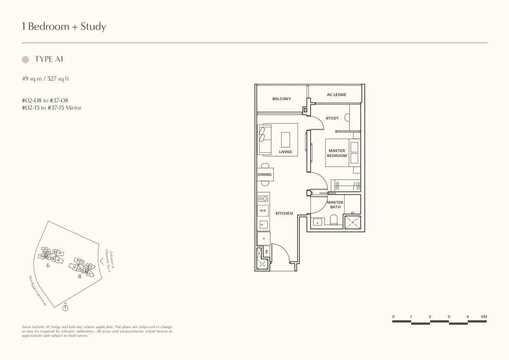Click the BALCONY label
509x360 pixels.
(281, 99)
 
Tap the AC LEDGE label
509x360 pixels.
(336, 95)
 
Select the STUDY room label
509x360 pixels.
(332, 118)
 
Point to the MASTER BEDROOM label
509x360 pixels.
(336, 153)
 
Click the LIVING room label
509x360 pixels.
(285, 152)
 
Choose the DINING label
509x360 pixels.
(265, 175)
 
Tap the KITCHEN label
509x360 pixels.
(284, 213)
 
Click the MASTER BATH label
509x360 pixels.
(335, 205)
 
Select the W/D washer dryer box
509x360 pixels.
(263, 211)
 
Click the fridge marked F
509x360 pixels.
(264, 239)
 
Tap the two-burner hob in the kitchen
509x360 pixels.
(263, 198)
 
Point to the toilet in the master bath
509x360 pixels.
(334, 220)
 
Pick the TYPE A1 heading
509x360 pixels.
(49, 59)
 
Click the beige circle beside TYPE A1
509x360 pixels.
(26, 60)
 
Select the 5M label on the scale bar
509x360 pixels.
(484, 317)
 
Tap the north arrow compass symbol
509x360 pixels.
(65, 307)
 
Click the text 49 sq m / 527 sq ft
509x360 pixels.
(45, 79)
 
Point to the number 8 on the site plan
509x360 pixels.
(80, 276)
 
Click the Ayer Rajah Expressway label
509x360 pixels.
(38, 291)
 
